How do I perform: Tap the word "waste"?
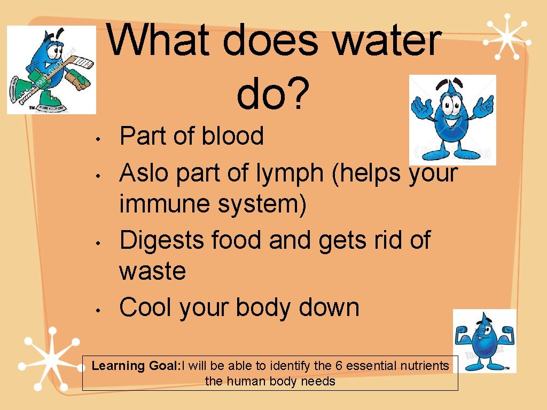[x=152, y=271]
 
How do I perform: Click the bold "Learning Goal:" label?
[x=136, y=366]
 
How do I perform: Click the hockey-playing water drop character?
[x=51, y=70]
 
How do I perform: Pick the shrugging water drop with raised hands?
[x=452, y=120]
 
